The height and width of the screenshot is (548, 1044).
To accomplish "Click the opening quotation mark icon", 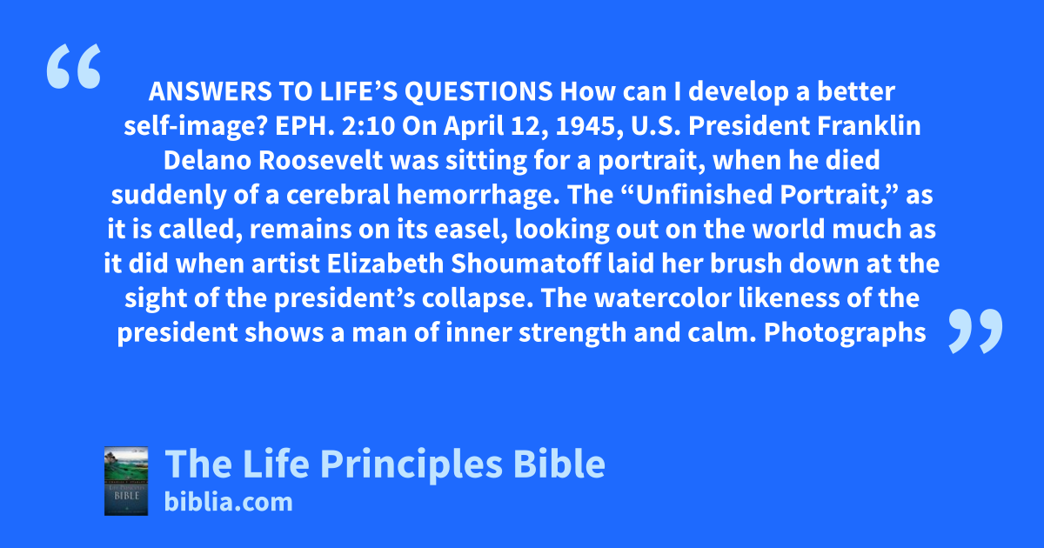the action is point(74,66).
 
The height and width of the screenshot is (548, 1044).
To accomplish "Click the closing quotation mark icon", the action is point(975,331).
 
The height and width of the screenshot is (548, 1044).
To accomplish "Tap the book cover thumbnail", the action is point(126,481).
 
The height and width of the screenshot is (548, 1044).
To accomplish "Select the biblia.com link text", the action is point(228,503).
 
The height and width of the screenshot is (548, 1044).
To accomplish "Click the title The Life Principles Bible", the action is point(385,464).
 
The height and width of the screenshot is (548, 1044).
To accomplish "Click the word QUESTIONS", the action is point(478,91).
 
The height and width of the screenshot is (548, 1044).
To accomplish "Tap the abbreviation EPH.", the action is point(304,126).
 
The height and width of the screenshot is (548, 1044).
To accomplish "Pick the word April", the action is point(473,127).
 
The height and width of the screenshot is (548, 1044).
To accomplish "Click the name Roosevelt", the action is point(321,160).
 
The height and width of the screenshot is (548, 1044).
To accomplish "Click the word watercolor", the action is point(663,298).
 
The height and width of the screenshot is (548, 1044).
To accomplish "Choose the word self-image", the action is point(196,127).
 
